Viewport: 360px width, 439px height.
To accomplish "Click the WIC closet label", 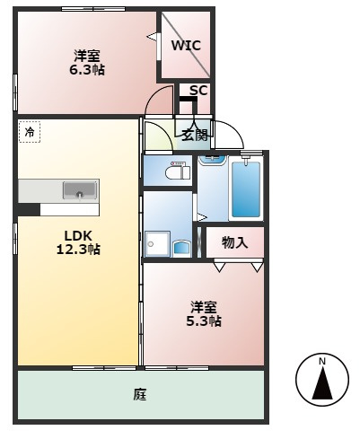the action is pyautogui.click(x=186, y=46).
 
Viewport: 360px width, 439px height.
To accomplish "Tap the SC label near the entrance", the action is pyautogui.click(x=198, y=90).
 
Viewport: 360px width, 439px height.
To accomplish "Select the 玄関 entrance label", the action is pyautogui.click(x=195, y=136).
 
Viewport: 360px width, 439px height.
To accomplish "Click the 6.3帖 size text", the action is pyautogui.click(x=87, y=70).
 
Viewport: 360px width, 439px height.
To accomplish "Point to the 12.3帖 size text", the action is pyautogui.click(x=78, y=249).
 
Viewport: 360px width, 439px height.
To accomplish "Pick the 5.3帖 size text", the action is pyautogui.click(x=204, y=321).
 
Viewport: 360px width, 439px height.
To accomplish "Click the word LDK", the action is pyautogui.click(x=78, y=236).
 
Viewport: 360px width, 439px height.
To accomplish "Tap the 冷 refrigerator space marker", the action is pyautogui.click(x=30, y=132).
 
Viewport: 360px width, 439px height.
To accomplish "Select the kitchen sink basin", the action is pyautogui.click(x=80, y=190).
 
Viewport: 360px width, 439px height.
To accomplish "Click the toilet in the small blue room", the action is pyautogui.click(x=177, y=171).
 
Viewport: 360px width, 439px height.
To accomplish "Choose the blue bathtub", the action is pyautogui.click(x=246, y=189).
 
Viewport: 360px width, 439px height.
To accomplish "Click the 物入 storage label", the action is pyautogui.click(x=235, y=242).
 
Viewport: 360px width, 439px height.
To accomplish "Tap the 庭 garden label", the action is pyautogui.click(x=140, y=394).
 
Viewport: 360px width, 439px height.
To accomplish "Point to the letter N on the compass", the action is pyautogui.click(x=322, y=362).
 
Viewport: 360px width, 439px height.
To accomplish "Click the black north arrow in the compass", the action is pyautogui.click(x=322, y=383).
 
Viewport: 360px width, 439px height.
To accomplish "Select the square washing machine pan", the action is pyautogui.click(x=157, y=244).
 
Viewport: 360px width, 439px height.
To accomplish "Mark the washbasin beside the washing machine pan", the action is pyautogui.click(x=181, y=249).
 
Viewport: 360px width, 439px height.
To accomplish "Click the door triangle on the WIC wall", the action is pyautogui.click(x=152, y=37).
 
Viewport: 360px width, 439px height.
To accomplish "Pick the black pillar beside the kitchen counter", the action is pyautogui.click(x=29, y=209).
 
